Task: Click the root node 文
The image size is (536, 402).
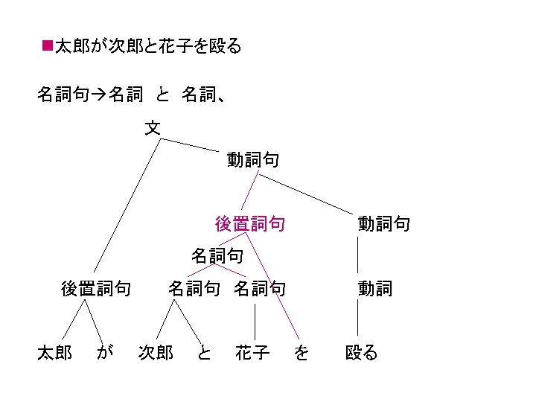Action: click(152, 128)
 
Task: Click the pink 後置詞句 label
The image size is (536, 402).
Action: click(249, 223)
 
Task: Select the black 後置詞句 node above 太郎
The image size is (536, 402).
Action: click(96, 288)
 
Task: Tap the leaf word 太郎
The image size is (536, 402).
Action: click(54, 352)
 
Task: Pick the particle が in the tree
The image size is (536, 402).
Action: click(105, 352)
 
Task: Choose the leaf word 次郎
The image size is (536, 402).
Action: click(156, 352)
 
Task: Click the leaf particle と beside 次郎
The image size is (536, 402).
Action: click(203, 352)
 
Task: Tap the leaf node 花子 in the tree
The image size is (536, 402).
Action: click(252, 352)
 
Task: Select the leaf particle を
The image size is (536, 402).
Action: click(301, 352)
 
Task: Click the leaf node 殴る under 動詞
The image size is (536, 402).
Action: click(362, 352)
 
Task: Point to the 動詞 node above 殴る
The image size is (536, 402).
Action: click(374, 288)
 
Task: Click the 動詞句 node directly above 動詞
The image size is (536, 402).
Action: click(383, 223)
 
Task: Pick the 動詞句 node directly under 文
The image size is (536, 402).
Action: click(254, 159)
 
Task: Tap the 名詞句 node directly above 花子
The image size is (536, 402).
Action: click(260, 288)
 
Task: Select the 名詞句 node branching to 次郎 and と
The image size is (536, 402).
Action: click(194, 288)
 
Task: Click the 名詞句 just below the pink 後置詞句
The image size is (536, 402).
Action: click(217, 256)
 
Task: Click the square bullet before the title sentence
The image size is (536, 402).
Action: click(47, 46)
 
